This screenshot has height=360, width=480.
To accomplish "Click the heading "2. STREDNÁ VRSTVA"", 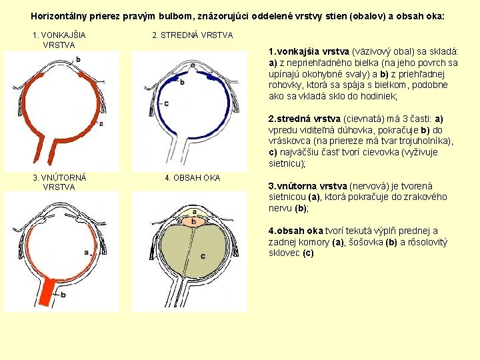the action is (192, 35).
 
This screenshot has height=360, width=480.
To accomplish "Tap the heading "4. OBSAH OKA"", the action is (192, 178).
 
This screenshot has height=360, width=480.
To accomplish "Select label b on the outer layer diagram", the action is (78, 60).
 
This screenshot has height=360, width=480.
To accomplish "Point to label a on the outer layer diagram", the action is (101, 123).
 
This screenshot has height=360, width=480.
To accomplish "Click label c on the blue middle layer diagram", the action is (166, 103).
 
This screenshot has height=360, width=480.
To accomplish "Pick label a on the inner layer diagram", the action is (87, 252).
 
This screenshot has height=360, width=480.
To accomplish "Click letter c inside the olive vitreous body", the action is (203, 256).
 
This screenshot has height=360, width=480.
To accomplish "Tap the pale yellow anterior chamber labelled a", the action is (193, 213).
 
